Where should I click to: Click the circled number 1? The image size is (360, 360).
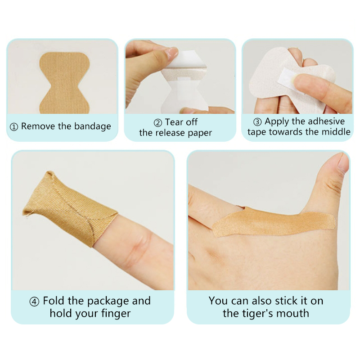[14, 127]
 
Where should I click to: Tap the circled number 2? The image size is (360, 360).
[158, 123]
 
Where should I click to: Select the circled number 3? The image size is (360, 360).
[257, 122]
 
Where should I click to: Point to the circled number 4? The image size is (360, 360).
[34, 301]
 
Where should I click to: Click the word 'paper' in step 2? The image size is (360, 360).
[200, 133]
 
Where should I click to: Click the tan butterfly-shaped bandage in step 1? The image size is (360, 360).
[64, 83]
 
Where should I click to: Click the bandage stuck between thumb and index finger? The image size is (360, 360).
[273, 221]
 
